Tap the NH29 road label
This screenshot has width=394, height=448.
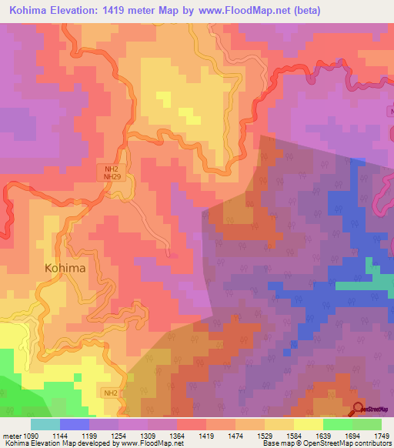pos(112,176)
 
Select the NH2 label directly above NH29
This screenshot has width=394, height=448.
pos(112,168)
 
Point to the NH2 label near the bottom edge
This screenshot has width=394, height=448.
pos(112,393)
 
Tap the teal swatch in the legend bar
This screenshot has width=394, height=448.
pos(45,424)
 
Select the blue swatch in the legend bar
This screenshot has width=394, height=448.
pos(74,424)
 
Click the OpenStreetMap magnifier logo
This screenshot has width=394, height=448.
pos(359,409)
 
